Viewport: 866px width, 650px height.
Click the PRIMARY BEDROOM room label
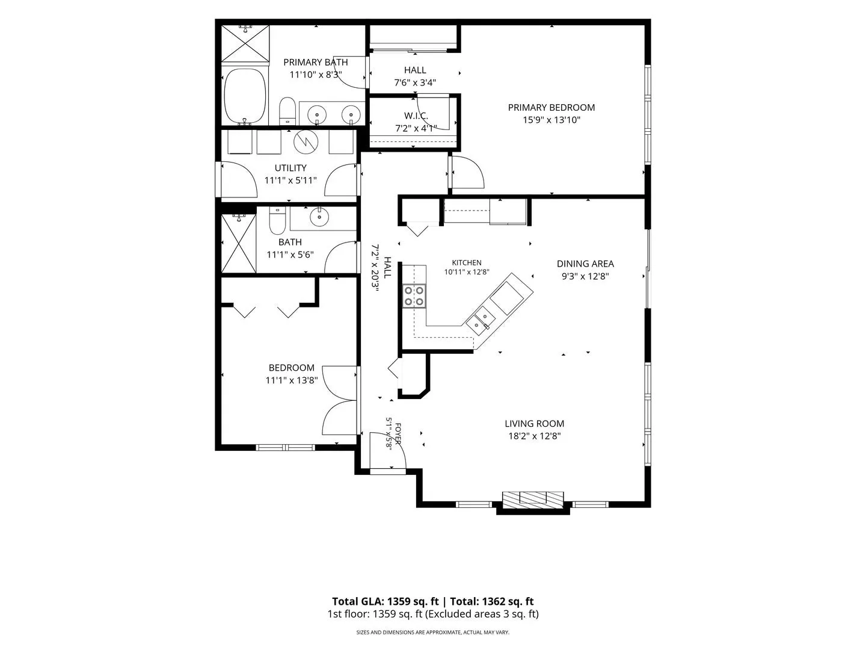551,107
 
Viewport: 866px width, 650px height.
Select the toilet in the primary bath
287,111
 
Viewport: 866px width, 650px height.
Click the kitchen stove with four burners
414,296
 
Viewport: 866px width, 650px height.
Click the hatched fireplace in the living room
533,500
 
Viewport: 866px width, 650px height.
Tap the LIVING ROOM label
534,424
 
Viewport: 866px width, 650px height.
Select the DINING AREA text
585,264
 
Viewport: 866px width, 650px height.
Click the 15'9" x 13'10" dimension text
551,120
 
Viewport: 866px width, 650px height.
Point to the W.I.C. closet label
416,116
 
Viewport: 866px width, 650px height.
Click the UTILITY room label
290,168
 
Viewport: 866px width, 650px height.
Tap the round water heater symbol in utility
306,140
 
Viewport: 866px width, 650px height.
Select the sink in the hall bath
318,216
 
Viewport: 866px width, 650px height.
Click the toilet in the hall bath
277,221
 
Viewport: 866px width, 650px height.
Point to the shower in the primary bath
245,43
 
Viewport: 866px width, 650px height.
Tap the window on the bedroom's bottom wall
285,447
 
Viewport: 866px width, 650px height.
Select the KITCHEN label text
467,262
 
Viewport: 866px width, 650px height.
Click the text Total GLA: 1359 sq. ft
385,601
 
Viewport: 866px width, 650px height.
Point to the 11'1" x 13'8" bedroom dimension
292,380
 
